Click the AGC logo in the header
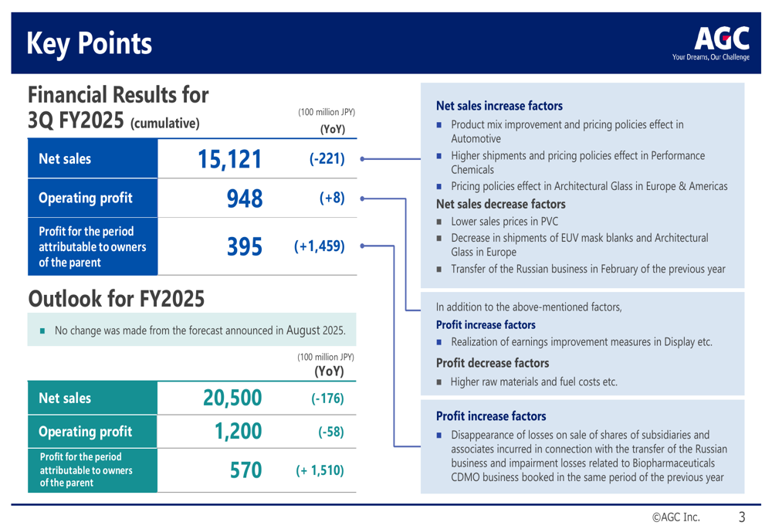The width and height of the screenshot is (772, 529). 721,42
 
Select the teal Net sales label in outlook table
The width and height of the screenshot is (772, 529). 66,398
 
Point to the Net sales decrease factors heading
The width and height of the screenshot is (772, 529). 500,205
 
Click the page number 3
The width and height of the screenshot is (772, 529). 742,517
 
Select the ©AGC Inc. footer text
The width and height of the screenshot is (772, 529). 676,517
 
